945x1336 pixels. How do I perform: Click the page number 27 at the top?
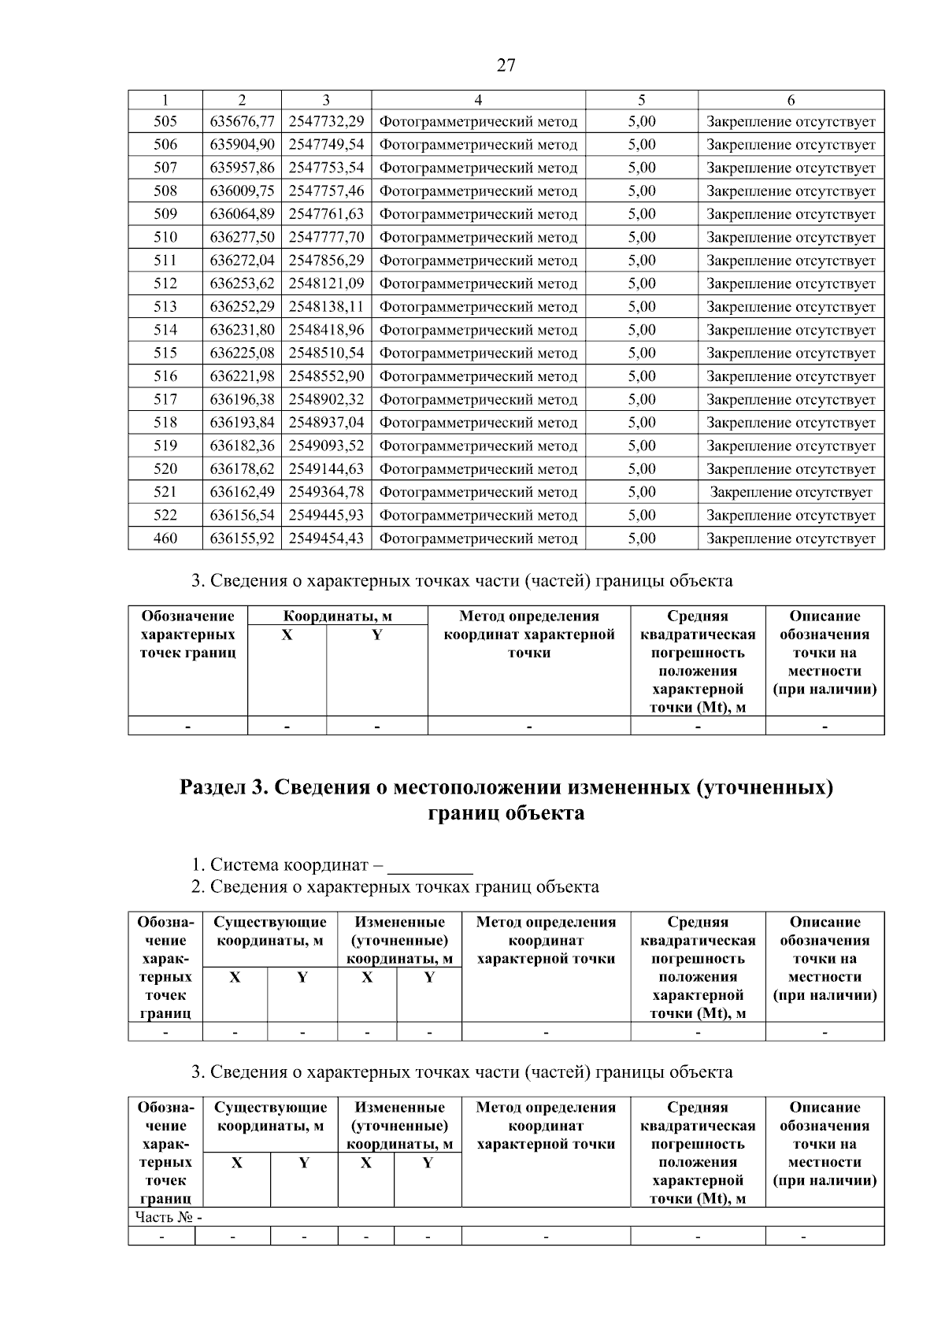click(506, 65)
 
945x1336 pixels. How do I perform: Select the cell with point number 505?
click(165, 121)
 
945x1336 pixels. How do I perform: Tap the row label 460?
click(165, 538)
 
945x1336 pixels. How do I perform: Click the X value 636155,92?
click(243, 538)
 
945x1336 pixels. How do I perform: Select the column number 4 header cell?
click(478, 100)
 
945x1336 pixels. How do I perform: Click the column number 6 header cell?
click(791, 100)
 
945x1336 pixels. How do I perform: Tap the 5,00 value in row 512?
click(642, 283)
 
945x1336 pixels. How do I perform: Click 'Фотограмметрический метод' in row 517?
click(478, 399)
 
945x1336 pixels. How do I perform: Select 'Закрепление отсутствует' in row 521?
click(791, 492)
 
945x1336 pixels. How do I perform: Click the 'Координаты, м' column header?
click(338, 616)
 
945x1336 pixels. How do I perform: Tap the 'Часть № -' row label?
click(169, 1217)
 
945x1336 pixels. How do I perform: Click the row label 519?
click(165, 446)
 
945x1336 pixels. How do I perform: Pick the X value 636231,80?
click(243, 330)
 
